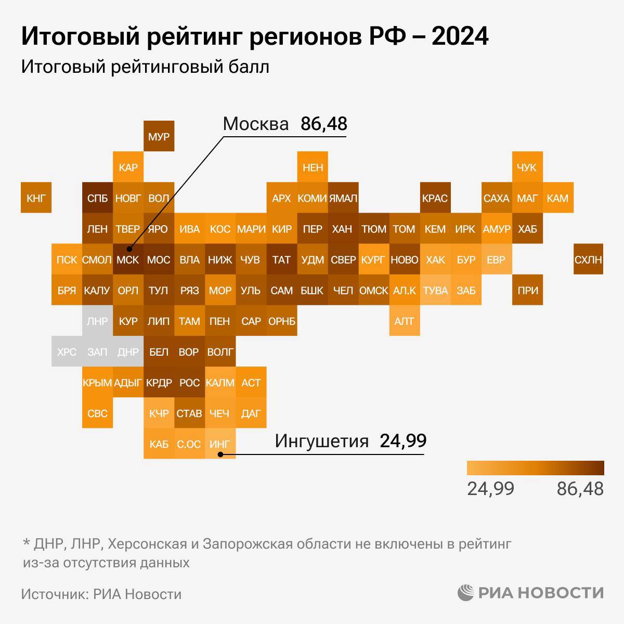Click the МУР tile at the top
coord(159,137)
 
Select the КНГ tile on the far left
coord(36,198)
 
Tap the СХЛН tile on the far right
coord(588,259)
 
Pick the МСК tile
coord(128,259)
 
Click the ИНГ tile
coord(219,444)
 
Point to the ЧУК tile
coord(527,167)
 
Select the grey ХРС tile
coord(67,352)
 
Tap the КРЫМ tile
coord(97,382)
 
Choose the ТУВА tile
coord(435,290)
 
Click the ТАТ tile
coord(281,259)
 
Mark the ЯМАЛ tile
coord(343,198)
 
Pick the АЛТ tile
coord(404,321)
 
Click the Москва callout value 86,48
coord(323,124)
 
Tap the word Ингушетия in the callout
coord(321,440)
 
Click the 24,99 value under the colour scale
coord(490,489)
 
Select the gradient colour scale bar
coord(535,468)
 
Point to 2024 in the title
coord(460,37)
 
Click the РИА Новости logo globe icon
coord(466,592)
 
